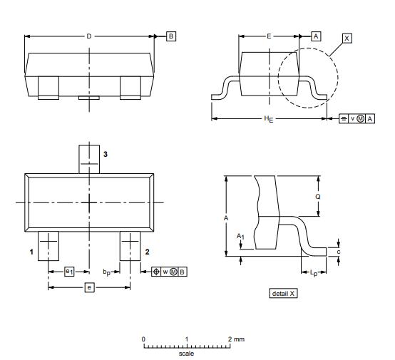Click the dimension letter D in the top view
[x=88, y=35]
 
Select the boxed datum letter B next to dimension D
[x=171, y=35]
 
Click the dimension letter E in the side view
[x=268, y=35]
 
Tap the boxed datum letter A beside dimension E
[x=316, y=35]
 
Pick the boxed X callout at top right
[x=347, y=38]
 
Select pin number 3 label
[x=105, y=154]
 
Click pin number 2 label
[x=146, y=252]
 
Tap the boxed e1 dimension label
[x=69, y=272]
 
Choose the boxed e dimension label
[x=89, y=287]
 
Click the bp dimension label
[x=106, y=272]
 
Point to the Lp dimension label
[x=315, y=272]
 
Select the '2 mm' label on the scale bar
[x=236, y=339]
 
